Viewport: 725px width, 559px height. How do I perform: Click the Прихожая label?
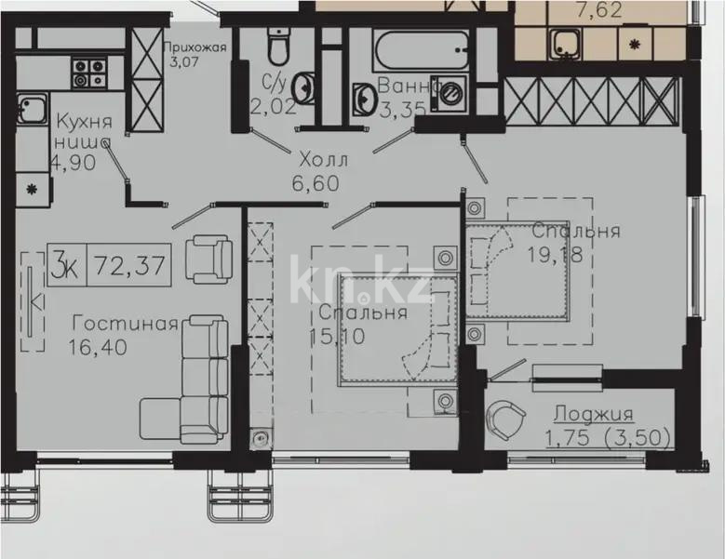tap(194, 49)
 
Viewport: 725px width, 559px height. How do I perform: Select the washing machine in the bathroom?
tap(453, 94)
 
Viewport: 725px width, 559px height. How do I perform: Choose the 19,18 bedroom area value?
tap(558, 255)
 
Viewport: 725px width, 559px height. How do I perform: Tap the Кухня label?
tap(84, 122)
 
